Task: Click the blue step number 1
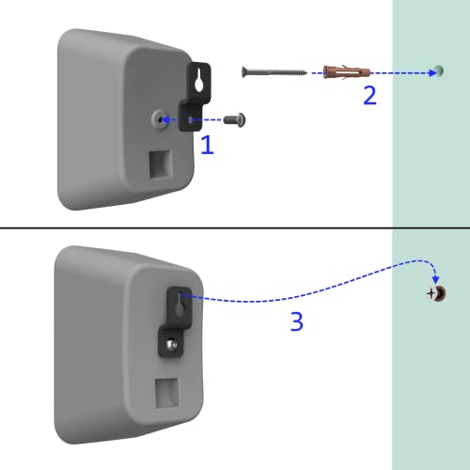click(207, 145)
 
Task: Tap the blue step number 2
click(369, 95)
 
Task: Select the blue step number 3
click(297, 321)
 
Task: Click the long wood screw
click(274, 72)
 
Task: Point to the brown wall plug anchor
click(347, 72)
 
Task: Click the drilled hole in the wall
click(439, 71)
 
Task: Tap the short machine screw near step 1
click(235, 119)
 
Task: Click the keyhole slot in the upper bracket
click(199, 83)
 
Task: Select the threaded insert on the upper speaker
click(159, 119)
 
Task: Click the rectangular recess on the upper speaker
click(160, 164)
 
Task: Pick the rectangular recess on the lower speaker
click(167, 393)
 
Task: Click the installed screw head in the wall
click(436, 293)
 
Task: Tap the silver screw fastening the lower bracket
click(171, 345)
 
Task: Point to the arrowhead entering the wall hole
click(432, 73)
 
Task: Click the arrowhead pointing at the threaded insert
click(166, 119)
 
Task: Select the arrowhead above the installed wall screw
click(435, 280)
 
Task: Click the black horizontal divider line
click(235, 227)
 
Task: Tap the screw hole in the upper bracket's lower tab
click(190, 119)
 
